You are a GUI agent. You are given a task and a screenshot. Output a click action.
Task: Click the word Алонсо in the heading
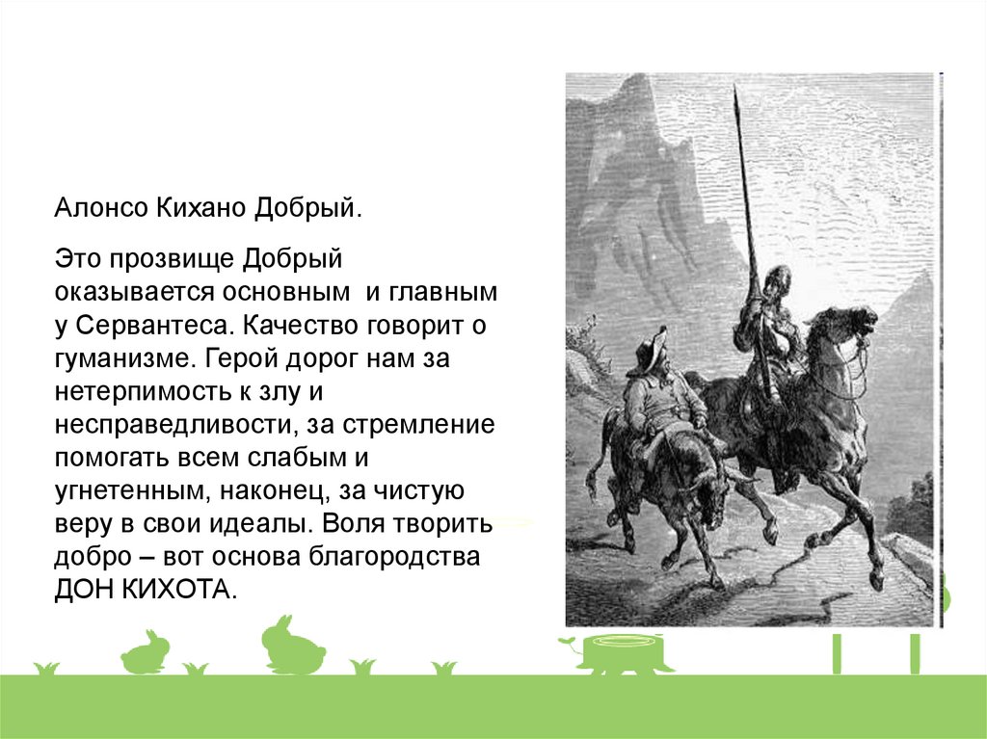[x=101, y=208]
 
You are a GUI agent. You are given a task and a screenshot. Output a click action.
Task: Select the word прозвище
[x=173, y=259]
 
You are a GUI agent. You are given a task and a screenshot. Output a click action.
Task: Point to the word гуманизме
[x=120, y=358]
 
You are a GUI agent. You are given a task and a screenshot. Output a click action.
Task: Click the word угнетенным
[x=132, y=491]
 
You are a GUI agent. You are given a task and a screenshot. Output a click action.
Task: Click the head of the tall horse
[x=853, y=324]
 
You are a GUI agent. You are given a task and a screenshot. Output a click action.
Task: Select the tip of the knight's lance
[x=735, y=88]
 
